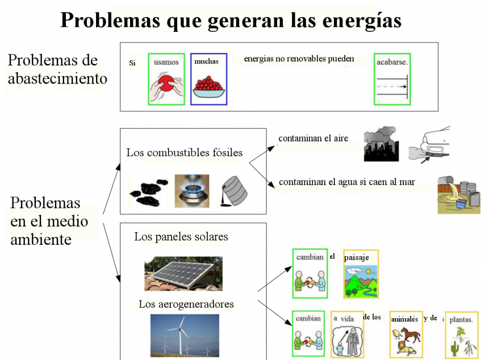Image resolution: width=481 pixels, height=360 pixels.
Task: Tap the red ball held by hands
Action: pos(166,83)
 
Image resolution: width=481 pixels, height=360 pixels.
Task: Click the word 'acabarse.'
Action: pos(392,62)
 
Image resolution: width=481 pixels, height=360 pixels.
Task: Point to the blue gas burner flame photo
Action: pos(192,191)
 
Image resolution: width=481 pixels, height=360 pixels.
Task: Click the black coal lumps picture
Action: pos(149,193)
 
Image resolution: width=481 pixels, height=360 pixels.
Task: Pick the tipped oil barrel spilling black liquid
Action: pos(234,191)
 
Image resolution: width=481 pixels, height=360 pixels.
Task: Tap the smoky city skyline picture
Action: pos(381,144)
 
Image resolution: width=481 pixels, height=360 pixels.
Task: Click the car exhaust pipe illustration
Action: pos(429,144)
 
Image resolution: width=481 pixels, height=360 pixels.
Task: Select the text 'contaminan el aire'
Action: pos(313,139)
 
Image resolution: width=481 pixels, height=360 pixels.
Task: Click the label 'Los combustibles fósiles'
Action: pos(185,152)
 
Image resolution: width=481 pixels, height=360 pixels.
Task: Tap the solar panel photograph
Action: pos(183,274)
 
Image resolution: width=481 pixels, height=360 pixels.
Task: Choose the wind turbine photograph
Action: pos(185,336)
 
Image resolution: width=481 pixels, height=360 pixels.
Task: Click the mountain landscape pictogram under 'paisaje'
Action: pos(361,281)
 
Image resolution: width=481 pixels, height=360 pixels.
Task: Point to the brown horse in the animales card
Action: pos(410,334)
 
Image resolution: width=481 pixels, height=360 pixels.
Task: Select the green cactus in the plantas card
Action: pos(454,348)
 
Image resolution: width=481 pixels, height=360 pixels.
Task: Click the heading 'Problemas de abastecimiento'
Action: pos(57,69)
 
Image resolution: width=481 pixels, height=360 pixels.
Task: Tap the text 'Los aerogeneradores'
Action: pos(186,304)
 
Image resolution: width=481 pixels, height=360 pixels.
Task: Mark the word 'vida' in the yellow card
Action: pos(347,319)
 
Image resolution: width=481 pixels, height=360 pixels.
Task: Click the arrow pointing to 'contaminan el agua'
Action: pos(262,175)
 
